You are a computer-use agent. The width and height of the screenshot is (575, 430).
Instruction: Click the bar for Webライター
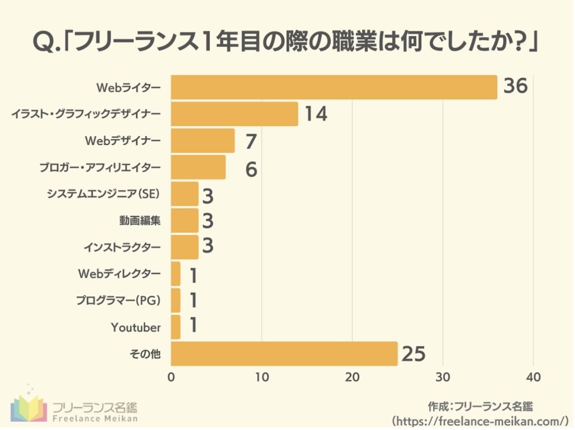(x=334, y=87)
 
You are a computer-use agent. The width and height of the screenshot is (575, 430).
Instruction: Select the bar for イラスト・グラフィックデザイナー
(x=234, y=114)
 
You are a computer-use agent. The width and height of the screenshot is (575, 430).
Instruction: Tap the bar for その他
(x=284, y=354)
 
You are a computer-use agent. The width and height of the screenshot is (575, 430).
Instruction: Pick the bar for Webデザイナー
(x=203, y=140)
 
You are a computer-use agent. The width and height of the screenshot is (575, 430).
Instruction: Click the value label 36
(x=515, y=87)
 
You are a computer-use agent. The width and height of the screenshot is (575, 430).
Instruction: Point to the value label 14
(x=316, y=114)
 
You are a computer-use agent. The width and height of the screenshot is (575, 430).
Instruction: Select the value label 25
(x=414, y=354)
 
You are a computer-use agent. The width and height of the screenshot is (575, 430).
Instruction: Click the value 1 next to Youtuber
(x=193, y=325)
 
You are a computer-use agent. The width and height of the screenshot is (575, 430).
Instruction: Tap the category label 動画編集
(x=139, y=221)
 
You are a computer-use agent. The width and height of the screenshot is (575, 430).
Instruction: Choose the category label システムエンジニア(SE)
(x=103, y=194)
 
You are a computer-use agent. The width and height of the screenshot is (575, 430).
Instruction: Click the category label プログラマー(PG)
(x=118, y=300)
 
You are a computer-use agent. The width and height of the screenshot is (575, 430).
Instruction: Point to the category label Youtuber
(x=136, y=328)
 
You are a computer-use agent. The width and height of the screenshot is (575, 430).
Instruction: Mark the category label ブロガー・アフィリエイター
(x=100, y=168)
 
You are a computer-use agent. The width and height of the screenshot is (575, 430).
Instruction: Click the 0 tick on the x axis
(x=171, y=377)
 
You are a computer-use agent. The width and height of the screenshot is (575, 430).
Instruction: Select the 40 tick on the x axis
(x=533, y=377)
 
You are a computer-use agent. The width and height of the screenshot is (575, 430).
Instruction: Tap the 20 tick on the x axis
(x=352, y=377)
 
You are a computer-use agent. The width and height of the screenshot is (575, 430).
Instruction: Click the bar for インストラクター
(x=184, y=247)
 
